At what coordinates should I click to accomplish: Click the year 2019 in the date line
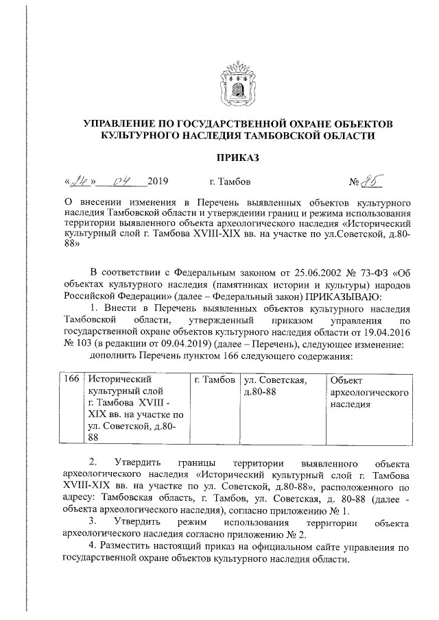pos(158,182)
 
